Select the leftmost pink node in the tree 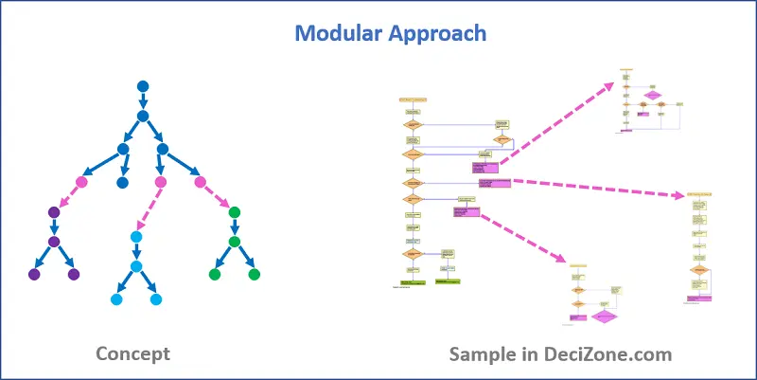point(81,182)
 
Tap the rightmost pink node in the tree point(200,182)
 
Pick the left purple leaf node point(35,275)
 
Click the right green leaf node point(254,275)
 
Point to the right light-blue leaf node point(156,299)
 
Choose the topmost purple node point(54,212)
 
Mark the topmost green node point(235,212)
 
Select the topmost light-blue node point(136,237)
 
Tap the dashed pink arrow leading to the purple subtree point(67,197)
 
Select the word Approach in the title point(440,33)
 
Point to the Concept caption point(132,354)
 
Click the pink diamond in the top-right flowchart point(652,95)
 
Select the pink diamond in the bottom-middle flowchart point(605,317)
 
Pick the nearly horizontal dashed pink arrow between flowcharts point(596,189)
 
